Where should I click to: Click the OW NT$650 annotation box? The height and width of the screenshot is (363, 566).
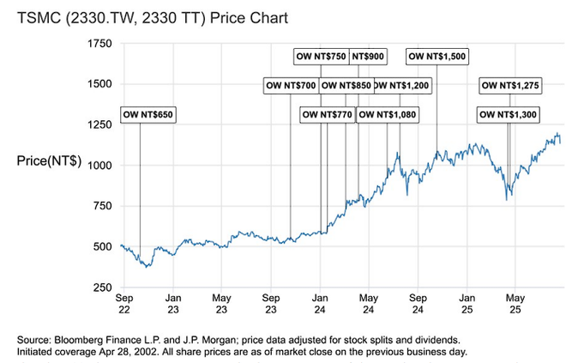pos(148,114)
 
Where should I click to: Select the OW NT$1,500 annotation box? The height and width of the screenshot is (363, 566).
pos(437,56)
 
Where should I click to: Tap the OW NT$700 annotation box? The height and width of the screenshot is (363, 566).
pos(290,85)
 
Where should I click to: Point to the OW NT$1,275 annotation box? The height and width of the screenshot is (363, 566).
pos(509,85)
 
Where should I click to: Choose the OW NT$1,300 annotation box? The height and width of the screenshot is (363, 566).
pos(509,114)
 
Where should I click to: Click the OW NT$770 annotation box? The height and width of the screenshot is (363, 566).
pos(327,114)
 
